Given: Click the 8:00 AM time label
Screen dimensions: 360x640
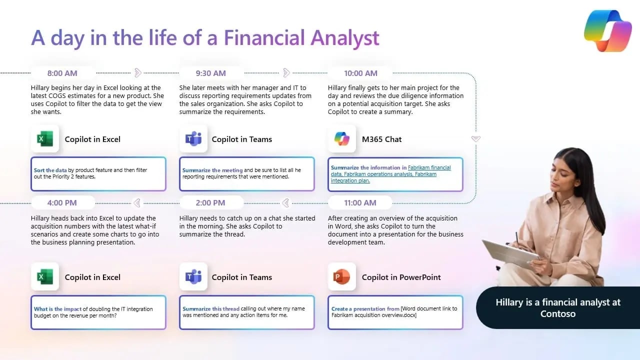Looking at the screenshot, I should click(x=62, y=73).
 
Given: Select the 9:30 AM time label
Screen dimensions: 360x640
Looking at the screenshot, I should click(x=210, y=73).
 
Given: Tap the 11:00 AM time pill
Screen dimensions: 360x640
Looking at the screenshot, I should click(x=360, y=203).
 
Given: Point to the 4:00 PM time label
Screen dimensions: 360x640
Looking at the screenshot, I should click(x=62, y=203).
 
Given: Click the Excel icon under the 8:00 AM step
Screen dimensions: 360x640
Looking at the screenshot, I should click(x=45, y=139).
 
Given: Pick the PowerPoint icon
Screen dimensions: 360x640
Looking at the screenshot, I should click(x=342, y=277).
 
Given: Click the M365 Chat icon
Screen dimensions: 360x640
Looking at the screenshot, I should click(x=342, y=139).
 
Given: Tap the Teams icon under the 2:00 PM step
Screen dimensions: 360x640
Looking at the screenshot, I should click(x=193, y=277).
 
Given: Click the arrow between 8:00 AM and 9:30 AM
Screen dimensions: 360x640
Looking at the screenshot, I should click(x=138, y=73).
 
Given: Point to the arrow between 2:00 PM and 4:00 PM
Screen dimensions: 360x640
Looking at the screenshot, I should click(x=136, y=202).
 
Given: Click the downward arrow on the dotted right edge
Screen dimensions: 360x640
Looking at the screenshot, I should click(x=476, y=138).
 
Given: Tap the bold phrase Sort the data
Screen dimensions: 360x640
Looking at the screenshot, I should click(x=50, y=170).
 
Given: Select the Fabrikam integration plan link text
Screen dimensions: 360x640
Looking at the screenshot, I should click(x=350, y=180).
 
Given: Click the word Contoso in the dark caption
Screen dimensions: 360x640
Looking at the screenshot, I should click(x=558, y=314).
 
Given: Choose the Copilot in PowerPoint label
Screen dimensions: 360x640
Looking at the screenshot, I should click(x=401, y=277).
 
